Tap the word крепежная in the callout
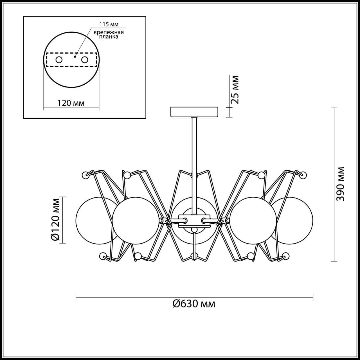point(109,32)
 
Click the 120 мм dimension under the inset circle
point(71,103)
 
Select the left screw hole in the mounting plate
point(59,60)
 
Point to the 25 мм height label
point(235,90)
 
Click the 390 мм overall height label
point(341,184)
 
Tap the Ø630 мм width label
point(194,303)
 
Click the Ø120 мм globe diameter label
point(56,219)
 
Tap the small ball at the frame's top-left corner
point(85,175)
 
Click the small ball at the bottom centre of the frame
point(194,256)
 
